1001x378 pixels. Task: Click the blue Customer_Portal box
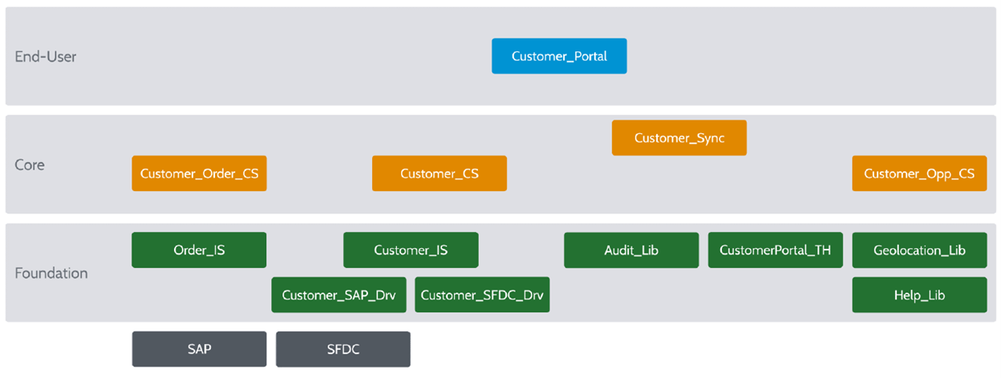click(x=559, y=56)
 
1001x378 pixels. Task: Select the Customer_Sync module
click(x=679, y=138)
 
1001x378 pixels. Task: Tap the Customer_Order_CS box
click(x=199, y=173)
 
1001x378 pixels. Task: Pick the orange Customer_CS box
click(x=440, y=173)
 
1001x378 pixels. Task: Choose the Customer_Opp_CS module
click(x=919, y=173)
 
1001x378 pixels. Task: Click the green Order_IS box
click(x=199, y=250)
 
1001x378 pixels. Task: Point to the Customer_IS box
click(x=411, y=250)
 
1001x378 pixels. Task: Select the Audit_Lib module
click(x=631, y=250)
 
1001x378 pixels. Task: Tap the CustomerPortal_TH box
click(x=776, y=250)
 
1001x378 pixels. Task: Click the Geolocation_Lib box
click(x=919, y=250)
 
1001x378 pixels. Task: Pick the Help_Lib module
click(x=919, y=295)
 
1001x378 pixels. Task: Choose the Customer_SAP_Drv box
click(x=338, y=295)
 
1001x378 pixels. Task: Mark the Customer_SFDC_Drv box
click(x=482, y=295)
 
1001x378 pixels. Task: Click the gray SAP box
click(x=199, y=349)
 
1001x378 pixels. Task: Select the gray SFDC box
click(x=343, y=349)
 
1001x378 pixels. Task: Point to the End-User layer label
click(x=46, y=57)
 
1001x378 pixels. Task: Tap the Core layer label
click(x=30, y=165)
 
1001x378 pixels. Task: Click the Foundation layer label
click(x=51, y=273)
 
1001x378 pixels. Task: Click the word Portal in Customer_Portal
click(x=590, y=56)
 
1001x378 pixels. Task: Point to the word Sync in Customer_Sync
click(x=711, y=138)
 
